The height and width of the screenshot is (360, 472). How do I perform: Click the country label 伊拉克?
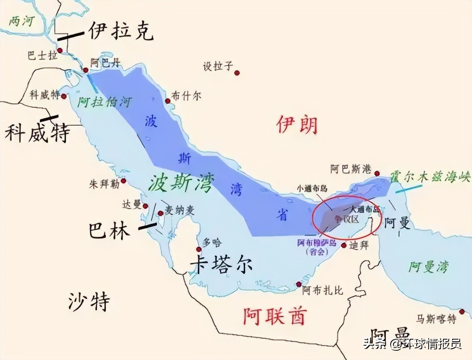pyautogui.click(x=121, y=31)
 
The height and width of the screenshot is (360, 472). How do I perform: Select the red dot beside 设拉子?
pyautogui.click(x=237, y=73)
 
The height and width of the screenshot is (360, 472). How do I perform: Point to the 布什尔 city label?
pyautogui.click(x=187, y=96)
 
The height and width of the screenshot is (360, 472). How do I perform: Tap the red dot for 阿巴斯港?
pyautogui.click(x=377, y=173)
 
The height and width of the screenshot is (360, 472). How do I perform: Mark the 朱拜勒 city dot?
pyautogui.click(x=123, y=181)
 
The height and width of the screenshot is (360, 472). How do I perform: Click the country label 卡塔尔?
pyautogui.click(x=221, y=264)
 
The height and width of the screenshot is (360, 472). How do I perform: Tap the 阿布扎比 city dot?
pyautogui.click(x=298, y=284)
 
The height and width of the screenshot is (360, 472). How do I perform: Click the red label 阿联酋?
pyautogui.click(x=275, y=316)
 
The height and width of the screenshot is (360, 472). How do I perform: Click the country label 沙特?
pyautogui.click(x=89, y=301)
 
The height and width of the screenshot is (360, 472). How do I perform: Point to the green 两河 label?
pyautogui.click(x=21, y=21)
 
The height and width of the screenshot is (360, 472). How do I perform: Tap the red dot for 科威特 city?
pyautogui.click(x=64, y=97)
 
